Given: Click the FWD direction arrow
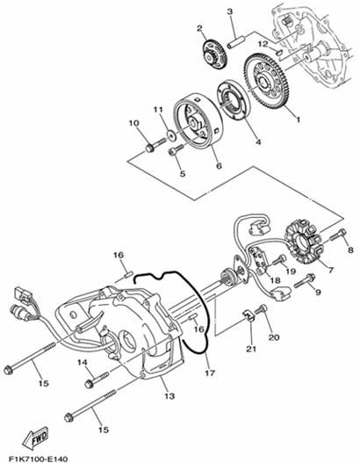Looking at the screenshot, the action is [35, 438].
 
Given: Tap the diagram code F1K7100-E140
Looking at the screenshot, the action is [38, 459].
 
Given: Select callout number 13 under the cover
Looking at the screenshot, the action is [169, 396].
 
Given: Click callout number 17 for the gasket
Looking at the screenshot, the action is [210, 373].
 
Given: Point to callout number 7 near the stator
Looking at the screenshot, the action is [330, 270].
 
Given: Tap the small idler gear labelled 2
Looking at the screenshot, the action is [215, 54].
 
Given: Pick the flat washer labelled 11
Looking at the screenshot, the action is [171, 135].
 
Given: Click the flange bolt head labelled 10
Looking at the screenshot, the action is [150, 148].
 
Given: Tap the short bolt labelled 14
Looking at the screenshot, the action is [97, 380].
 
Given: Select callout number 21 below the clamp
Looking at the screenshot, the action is [251, 349].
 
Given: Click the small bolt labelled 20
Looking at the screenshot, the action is [261, 309].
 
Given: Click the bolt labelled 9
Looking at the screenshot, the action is [305, 281].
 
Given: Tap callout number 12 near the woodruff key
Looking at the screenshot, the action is [263, 44].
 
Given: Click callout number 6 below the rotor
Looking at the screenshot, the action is [219, 165].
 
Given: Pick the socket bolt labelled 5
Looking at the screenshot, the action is [176, 149].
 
